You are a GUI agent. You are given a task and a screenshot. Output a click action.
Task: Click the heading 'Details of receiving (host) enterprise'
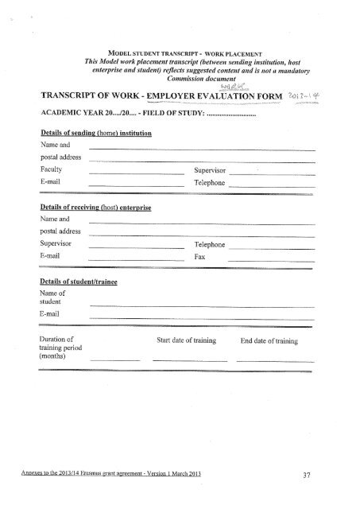pyautogui.click(x=95, y=206)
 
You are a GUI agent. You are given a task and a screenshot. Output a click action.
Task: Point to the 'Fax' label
pyautogui.click(x=199, y=258)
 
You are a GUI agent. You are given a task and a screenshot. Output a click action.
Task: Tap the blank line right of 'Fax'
pyautogui.click(x=270, y=261)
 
